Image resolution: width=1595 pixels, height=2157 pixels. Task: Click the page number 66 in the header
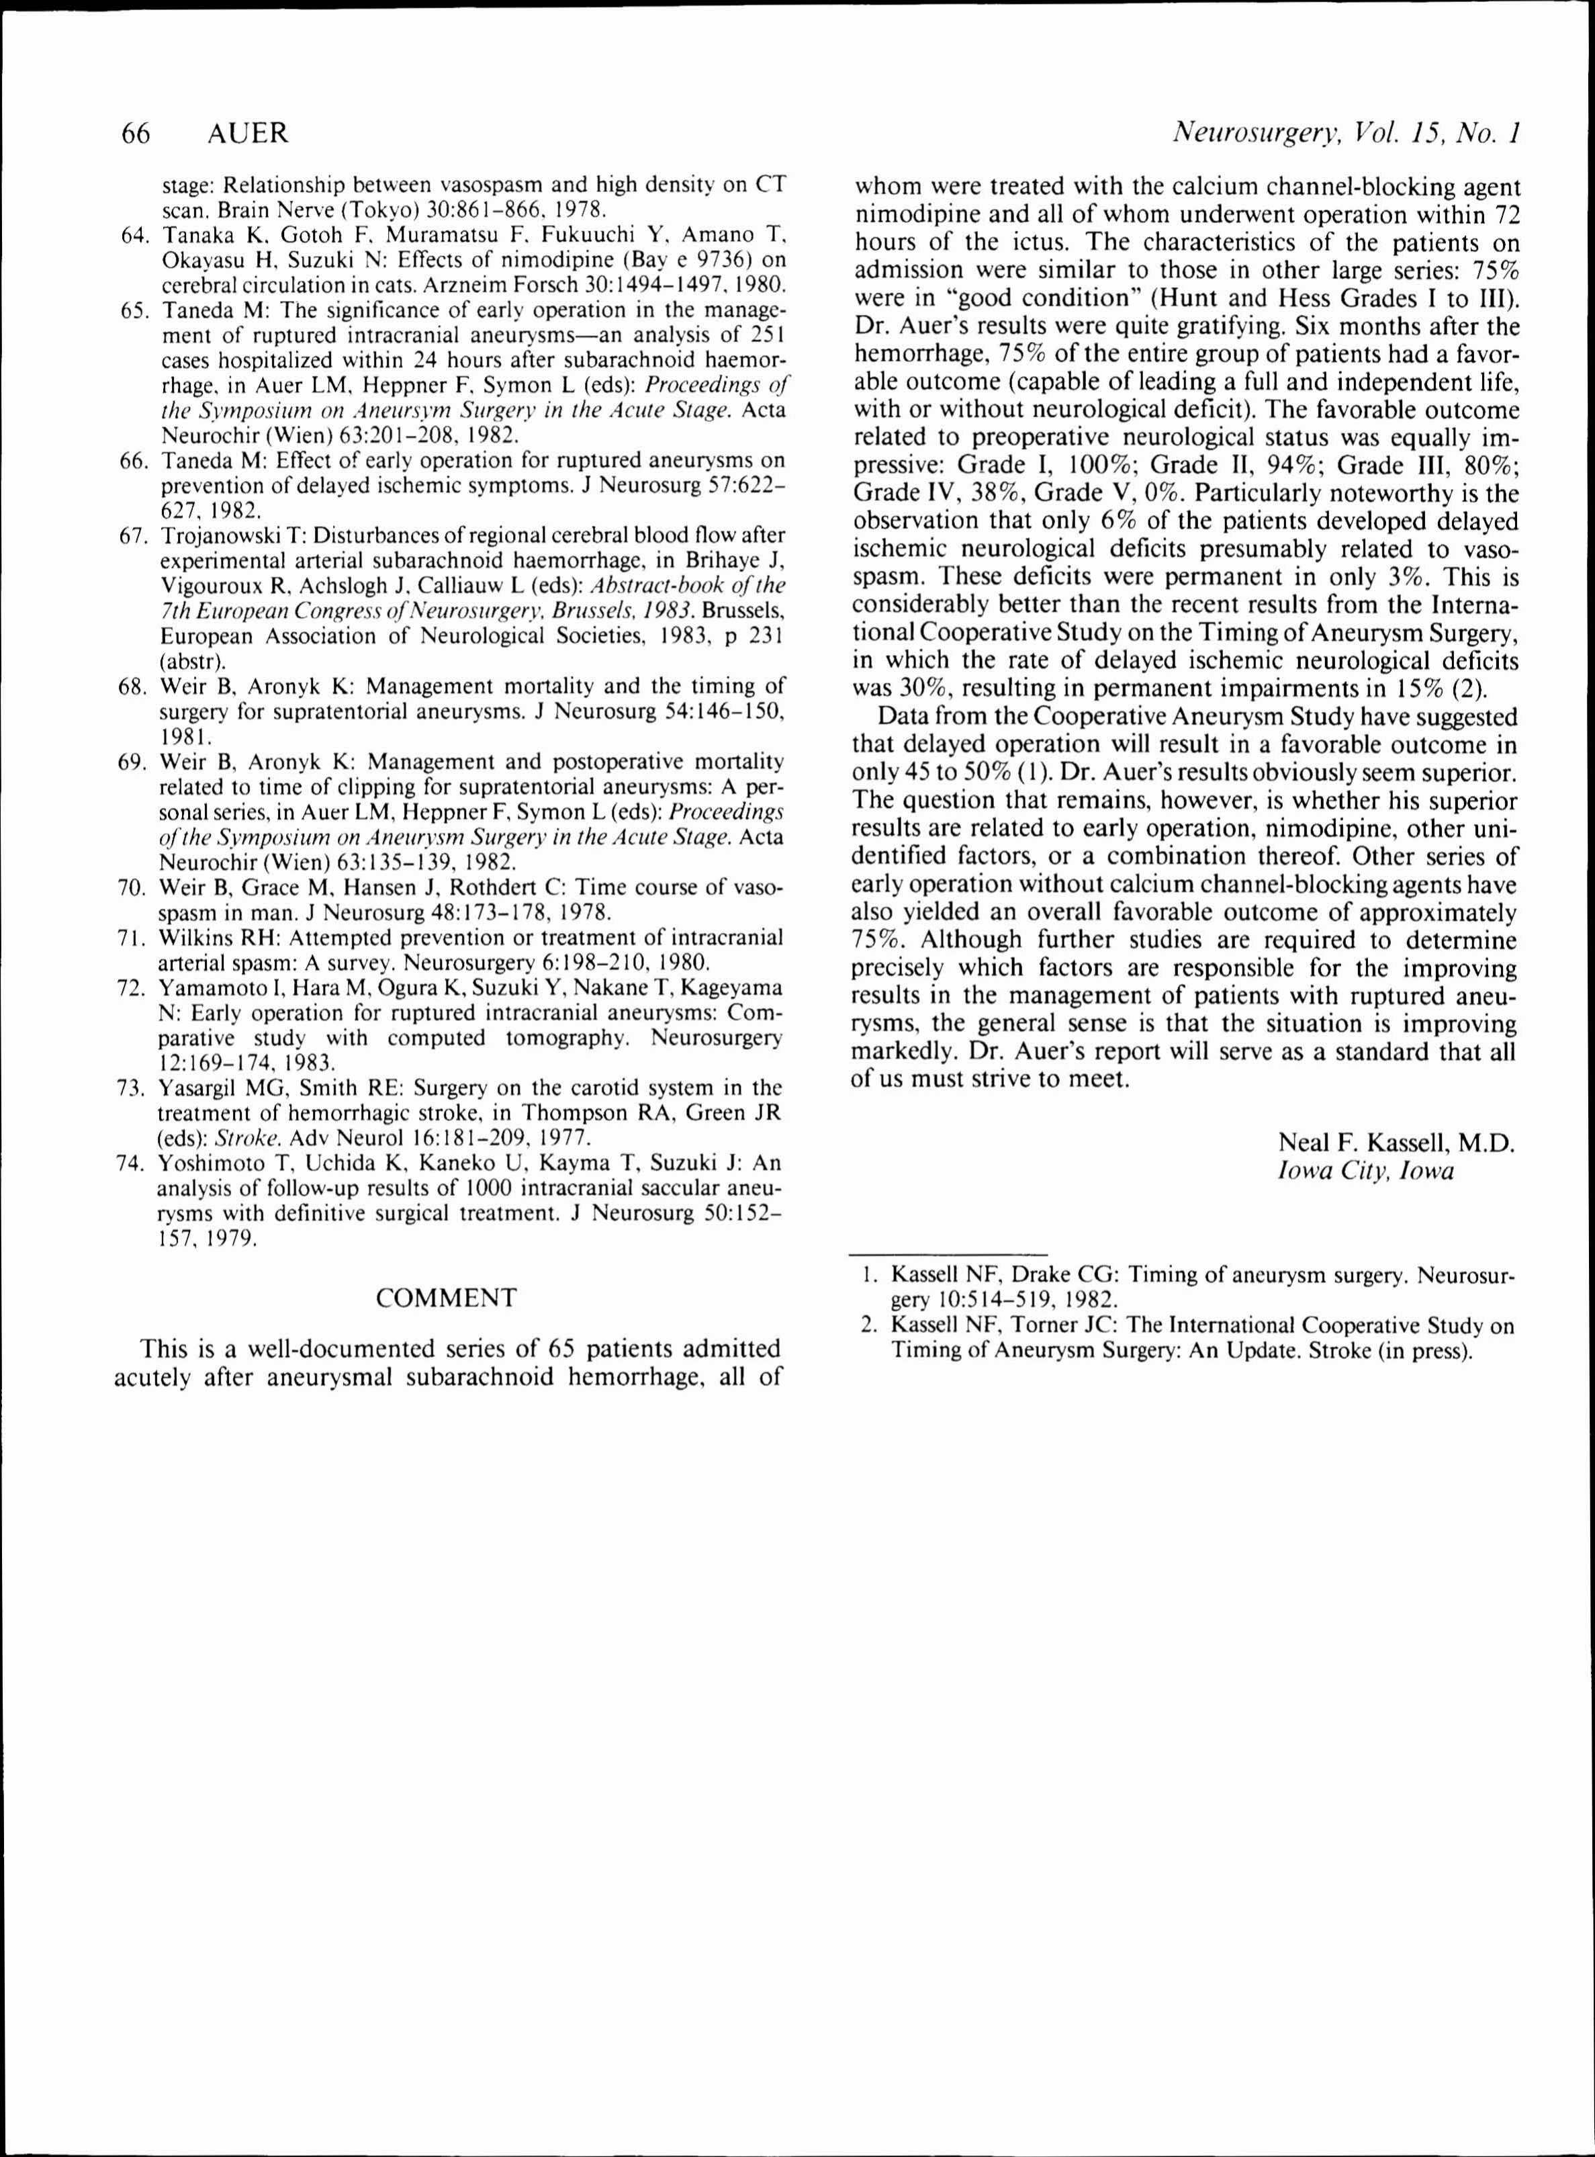136,133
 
